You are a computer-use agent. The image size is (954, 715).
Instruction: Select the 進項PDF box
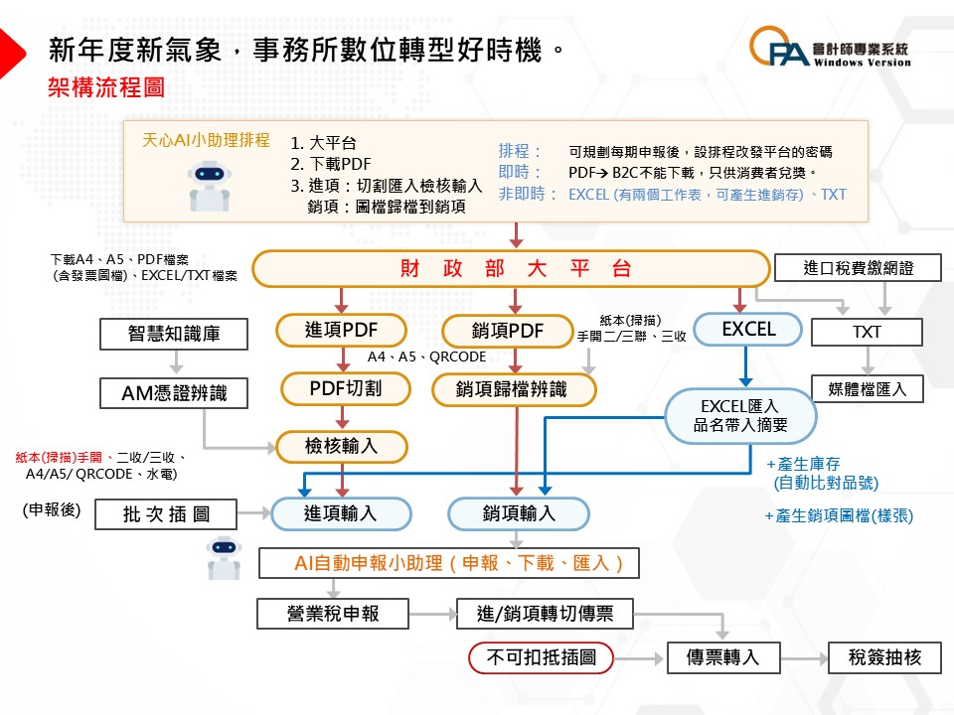pos(342,331)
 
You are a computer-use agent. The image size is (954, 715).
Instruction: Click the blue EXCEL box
pos(748,330)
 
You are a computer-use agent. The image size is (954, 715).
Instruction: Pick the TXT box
pos(867,333)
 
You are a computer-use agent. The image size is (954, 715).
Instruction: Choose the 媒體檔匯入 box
pos(867,388)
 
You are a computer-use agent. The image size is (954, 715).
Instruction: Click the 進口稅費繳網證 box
pos(857,268)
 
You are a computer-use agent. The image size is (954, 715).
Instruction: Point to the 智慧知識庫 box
pos(174,335)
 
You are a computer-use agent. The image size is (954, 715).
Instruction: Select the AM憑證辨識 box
pos(174,393)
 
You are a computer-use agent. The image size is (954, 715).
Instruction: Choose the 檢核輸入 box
pos(342,447)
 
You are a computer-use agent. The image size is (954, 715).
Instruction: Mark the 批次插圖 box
pos(166,514)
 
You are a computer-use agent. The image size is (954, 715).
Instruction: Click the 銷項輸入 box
pos(519,513)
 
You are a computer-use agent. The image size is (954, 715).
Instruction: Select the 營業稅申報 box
pos(333,614)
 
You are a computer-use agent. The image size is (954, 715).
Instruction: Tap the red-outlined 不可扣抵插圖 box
pos(541,657)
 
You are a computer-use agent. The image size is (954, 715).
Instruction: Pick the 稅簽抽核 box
pos(885,657)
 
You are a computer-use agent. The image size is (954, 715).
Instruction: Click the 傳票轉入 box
pos(722,657)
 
